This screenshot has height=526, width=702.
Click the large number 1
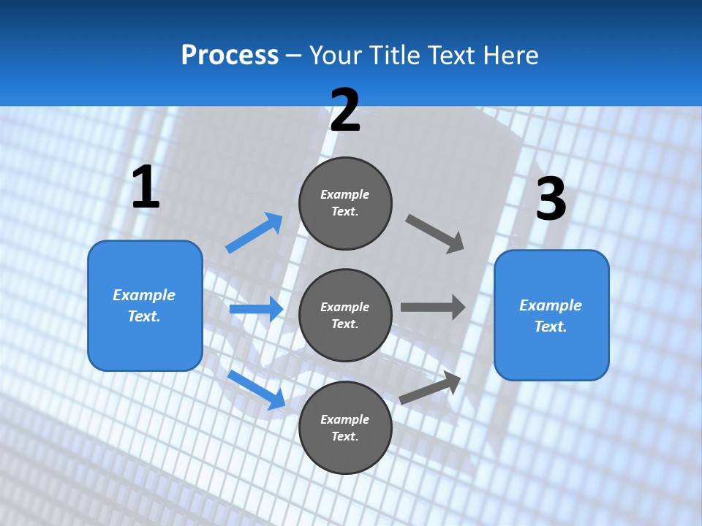(x=146, y=188)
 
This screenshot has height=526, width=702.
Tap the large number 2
(x=345, y=111)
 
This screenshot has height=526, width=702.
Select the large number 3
(x=551, y=199)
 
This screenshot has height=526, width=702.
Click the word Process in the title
(x=230, y=55)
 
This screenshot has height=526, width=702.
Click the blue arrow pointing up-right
(x=254, y=233)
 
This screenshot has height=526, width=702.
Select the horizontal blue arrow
(x=256, y=309)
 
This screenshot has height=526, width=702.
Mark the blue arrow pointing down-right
(x=257, y=389)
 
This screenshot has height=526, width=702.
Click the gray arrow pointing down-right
(x=435, y=233)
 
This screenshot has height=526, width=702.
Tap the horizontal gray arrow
(x=433, y=308)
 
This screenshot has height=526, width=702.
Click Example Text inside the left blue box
(x=144, y=305)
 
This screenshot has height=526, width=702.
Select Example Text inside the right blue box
(x=551, y=316)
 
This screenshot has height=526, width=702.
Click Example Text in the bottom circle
(x=345, y=427)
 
